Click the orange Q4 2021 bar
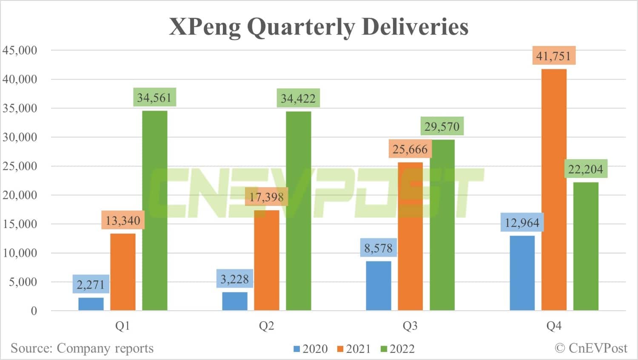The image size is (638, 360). (554, 189)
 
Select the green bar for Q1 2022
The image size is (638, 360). (155, 211)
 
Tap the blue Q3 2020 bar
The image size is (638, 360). (379, 286)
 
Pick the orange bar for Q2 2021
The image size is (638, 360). (267, 260)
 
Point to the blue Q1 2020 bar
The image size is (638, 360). (91, 304)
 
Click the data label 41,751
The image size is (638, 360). (554, 56)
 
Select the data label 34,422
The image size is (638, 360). (298, 98)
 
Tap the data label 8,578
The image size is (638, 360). (379, 248)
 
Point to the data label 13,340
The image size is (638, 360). (123, 220)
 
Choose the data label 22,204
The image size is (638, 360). (586, 169)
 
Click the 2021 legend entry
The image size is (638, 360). (354, 349)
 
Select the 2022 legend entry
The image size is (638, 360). (397, 349)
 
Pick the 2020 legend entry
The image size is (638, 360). (310, 349)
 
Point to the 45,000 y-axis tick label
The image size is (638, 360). (20, 50)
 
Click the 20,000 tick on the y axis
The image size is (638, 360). (20, 195)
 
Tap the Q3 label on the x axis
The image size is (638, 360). (410, 326)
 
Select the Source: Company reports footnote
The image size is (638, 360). (82, 348)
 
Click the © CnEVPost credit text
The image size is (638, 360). (591, 348)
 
